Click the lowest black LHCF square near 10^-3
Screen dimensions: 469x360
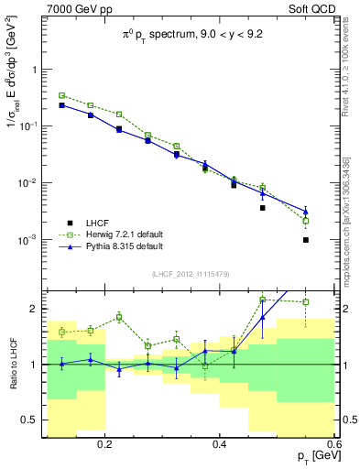coord(305,240)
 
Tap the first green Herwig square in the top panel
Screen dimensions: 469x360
coord(61,95)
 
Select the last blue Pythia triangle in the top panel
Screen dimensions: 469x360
coord(305,212)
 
